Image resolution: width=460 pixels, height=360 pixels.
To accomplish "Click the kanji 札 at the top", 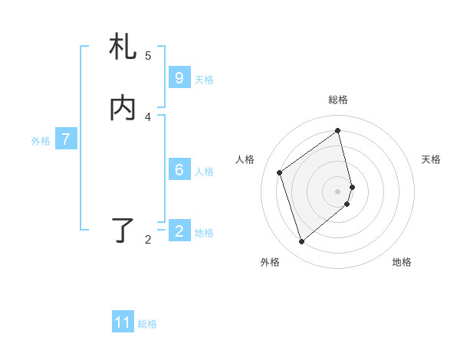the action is [123, 47].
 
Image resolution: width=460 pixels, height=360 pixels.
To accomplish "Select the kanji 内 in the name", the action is [123, 109].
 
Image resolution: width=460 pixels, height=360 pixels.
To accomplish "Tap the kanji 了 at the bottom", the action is [123, 231].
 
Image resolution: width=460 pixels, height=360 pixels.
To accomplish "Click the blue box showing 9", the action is [179, 78].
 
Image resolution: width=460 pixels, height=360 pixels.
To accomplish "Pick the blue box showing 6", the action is [179, 170].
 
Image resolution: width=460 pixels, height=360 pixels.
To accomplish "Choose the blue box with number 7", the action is [66, 139].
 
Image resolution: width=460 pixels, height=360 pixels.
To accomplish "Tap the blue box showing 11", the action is [123, 322].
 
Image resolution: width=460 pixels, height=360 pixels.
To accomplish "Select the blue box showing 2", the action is [179, 231].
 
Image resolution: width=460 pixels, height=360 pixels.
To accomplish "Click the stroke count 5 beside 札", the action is [148, 55].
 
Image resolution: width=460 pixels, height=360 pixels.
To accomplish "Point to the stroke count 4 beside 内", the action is [148, 116].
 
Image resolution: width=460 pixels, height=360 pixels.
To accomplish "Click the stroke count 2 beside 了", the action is [148, 239].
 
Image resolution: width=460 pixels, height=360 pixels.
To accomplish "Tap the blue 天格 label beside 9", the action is [204, 79].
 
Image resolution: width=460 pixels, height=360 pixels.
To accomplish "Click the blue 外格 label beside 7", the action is [41, 140].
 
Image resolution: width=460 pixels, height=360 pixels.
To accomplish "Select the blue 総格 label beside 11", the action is [147, 323].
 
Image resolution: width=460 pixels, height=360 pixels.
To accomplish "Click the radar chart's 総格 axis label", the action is [338, 100].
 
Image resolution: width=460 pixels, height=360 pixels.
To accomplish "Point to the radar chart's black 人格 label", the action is [245, 159].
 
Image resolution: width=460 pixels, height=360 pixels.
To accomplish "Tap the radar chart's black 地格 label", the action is [402, 262].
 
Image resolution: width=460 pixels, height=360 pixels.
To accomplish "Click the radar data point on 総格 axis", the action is [338, 130].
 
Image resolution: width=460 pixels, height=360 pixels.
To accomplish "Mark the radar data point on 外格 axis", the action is [301, 242].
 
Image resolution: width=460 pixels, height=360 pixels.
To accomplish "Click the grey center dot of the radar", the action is [338, 191].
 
